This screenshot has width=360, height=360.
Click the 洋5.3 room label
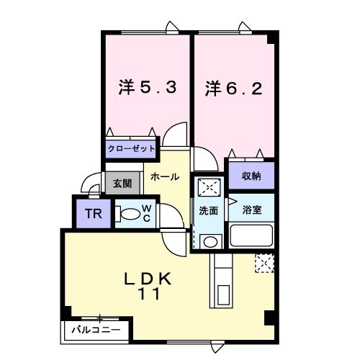[x=147, y=88]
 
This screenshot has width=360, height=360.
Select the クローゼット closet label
[x=131, y=148]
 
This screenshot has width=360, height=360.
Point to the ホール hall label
[x=165, y=176]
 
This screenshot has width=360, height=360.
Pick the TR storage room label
[x=93, y=213]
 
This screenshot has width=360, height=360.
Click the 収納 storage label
[x=251, y=175]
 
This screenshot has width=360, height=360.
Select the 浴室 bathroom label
[x=251, y=210]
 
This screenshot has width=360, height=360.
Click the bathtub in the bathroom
[x=251, y=235]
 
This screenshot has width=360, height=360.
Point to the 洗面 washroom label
[x=209, y=212]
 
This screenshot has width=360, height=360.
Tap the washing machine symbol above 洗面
[x=209, y=188]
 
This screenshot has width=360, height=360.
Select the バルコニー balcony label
[x=95, y=330]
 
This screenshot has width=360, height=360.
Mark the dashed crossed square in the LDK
[x=264, y=264]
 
